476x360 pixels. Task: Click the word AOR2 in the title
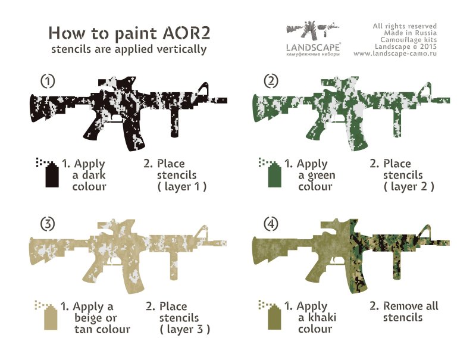click(x=186, y=33)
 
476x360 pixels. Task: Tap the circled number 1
click(x=48, y=81)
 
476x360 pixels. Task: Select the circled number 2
click(x=271, y=81)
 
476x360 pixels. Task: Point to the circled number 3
click(x=48, y=224)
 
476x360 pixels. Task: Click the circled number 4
click(x=271, y=224)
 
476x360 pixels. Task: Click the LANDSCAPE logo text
click(x=313, y=48)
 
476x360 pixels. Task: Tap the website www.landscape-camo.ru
click(x=395, y=54)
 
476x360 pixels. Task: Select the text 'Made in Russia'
click(x=411, y=33)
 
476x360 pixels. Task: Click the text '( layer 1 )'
click(x=182, y=187)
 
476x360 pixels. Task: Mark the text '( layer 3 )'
click(x=184, y=329)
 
